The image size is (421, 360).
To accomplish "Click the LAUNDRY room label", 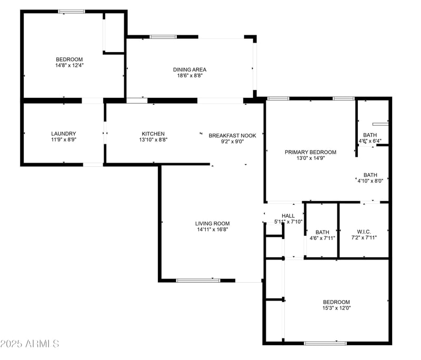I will [64, 134].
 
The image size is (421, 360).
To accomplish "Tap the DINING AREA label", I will [189, 69].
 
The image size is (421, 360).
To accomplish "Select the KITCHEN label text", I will [153, 134].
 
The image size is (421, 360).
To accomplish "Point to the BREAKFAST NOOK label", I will [232, 135].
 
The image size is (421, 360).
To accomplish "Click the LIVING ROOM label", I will [213, 223].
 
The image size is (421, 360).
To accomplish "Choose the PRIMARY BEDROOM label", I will [310, 152].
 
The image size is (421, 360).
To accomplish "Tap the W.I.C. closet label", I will [364, 232].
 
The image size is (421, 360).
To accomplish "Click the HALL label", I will [288, 216].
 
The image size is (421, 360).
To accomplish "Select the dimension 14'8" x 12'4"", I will [70, 65].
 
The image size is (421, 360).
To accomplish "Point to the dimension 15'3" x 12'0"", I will [336, 308].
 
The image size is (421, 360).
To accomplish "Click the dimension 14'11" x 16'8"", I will [213, 229].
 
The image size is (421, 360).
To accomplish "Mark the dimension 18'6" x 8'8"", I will [189, 76].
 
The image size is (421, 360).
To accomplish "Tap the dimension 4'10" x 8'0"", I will [370, 181].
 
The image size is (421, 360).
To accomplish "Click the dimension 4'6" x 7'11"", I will [322, 238].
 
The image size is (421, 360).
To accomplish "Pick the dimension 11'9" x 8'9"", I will [64, 140].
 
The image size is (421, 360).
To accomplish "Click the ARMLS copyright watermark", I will [29, 344].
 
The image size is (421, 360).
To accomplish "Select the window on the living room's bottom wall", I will [198, 280].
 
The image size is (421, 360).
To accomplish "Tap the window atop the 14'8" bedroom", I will [72, 11].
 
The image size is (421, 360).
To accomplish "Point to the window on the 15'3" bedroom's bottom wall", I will [325, 343].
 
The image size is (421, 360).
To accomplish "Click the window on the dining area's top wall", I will [163, 37].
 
